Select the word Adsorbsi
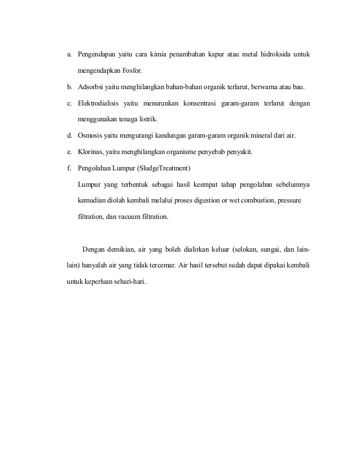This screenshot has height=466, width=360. [91, 88]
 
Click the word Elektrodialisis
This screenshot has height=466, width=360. [102, 104]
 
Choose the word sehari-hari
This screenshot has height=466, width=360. [130, 281]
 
